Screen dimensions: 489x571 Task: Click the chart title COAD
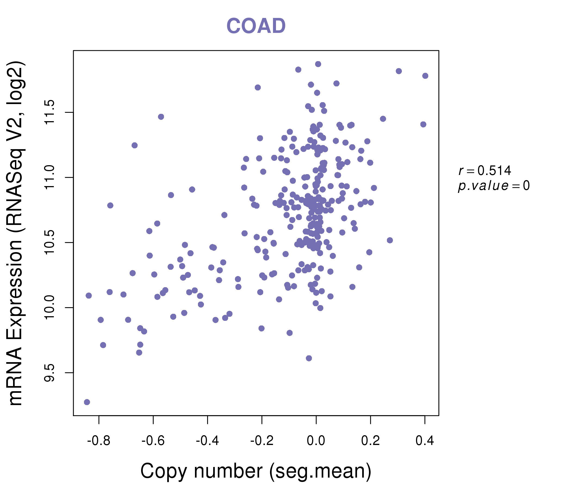(x=256, y=26)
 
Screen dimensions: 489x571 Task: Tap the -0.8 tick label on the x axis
(x=98, y=441)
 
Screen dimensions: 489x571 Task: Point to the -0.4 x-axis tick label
(x=207, y=441)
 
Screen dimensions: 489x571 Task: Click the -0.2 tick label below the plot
(x=262, y=441)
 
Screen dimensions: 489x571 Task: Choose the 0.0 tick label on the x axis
(x=316, y=441)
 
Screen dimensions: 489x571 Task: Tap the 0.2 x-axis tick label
(x=370, y=441)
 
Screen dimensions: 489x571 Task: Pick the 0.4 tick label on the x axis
(x=425, y=441)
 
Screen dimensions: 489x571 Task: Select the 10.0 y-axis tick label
(x=50, y=308)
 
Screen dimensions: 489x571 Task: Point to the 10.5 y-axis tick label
(x=50, y=242)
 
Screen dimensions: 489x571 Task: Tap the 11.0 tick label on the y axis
(x=50, y=177)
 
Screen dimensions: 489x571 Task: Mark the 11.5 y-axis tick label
(x=50, y=112)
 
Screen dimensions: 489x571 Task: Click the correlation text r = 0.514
(x=485, y=171)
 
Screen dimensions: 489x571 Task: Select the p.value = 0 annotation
(x=494, y=186)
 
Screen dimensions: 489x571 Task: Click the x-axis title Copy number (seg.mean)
(x=256, y=471)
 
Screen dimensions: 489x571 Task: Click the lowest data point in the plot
(x=87, y=402)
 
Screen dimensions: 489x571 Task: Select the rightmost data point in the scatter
(x=425, y=76)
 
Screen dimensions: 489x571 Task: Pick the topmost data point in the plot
(x=318, y=64)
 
